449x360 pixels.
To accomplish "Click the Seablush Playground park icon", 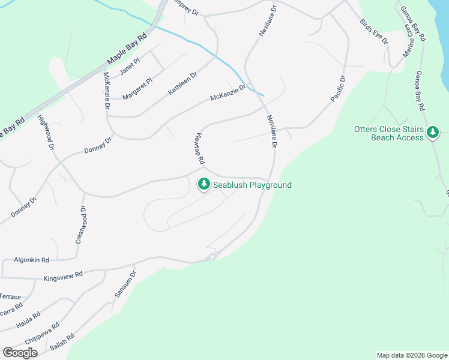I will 204,184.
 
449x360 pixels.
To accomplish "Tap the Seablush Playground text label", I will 252,185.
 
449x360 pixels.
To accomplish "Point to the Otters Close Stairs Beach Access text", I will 388,133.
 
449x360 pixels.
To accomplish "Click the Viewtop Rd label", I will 200,149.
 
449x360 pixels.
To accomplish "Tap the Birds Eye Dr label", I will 374,31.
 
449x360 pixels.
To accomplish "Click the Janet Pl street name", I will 130,67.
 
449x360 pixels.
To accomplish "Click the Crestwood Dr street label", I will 80,225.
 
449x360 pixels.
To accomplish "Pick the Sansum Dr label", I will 125,284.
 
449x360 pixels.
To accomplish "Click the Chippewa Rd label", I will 42,333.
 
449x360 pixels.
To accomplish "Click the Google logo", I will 20,353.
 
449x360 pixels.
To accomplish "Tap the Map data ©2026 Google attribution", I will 411,355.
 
